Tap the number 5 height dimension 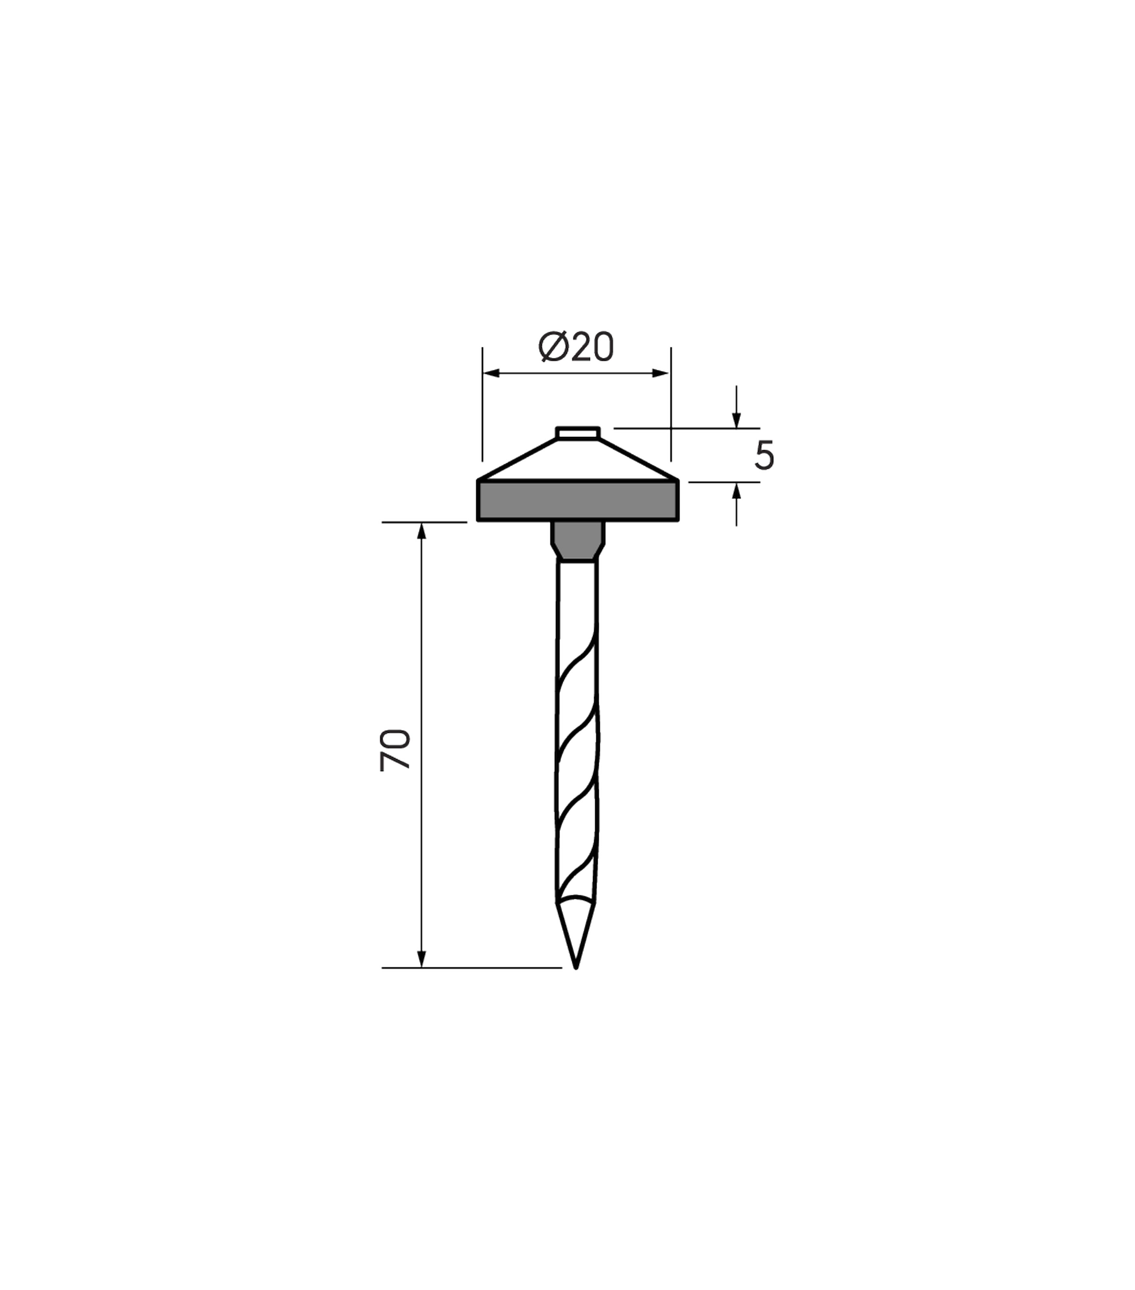tap(764, 455)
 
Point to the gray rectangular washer tap(578, 501)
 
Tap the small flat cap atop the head tap(578, 433)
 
